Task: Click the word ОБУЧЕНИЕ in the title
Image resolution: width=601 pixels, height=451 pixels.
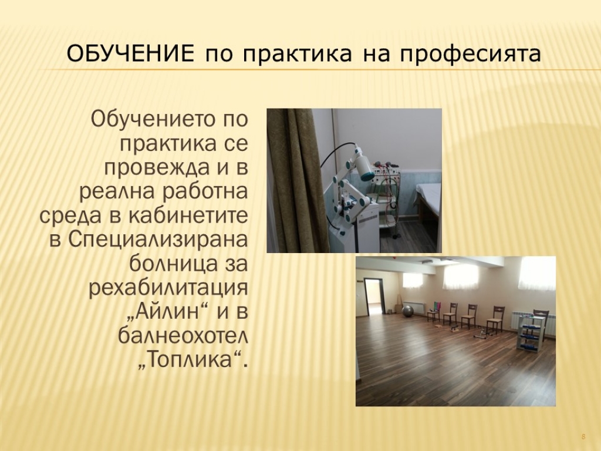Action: [130, 54]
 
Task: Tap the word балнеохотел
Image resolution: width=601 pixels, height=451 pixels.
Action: [183, 335]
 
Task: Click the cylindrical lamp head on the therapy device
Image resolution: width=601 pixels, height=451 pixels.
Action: [363, 163]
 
